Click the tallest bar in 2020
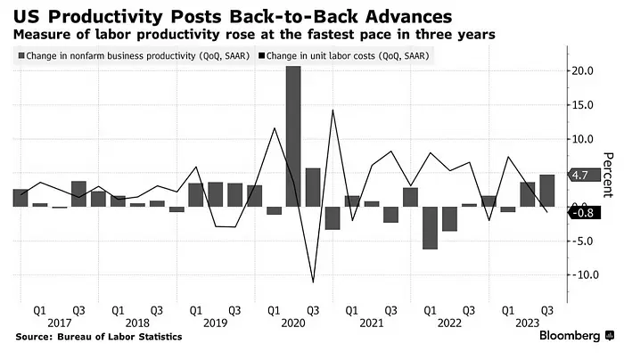(x=293, y=135)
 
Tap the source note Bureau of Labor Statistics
(x=98, y=337)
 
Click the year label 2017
(x=59, y=322)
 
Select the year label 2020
(x=293, y=322)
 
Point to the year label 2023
(x=528, y=322)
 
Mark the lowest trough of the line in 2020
(x=313, y=282)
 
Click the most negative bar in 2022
(x=430, y=227)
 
